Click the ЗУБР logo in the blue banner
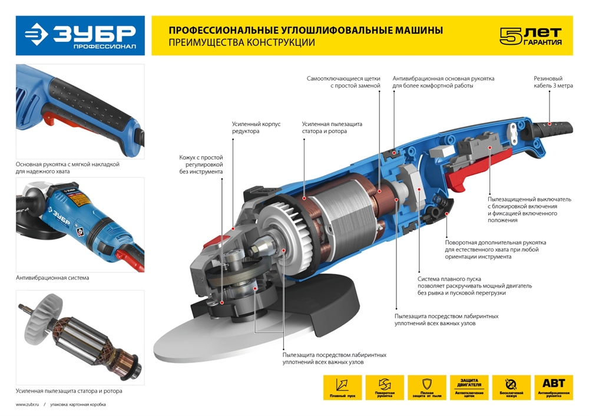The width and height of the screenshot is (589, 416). tap(80, 35)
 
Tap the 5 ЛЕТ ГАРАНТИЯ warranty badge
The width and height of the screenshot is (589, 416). tap(530, 36)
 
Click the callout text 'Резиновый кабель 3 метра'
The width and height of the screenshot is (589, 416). tap(548, 82)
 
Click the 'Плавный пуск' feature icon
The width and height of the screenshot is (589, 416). tap(342, 387)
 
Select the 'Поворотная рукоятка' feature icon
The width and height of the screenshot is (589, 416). tap(385, 387)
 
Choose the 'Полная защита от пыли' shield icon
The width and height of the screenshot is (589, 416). tap(427, 387)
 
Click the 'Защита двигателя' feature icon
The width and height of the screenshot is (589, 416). tap(469, 387)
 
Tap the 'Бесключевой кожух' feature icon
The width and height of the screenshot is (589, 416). tap(511, 387)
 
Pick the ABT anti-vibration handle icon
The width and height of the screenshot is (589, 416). tap(554, 387)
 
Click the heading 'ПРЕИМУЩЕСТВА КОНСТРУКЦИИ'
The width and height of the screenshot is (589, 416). tap(241, 42)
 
